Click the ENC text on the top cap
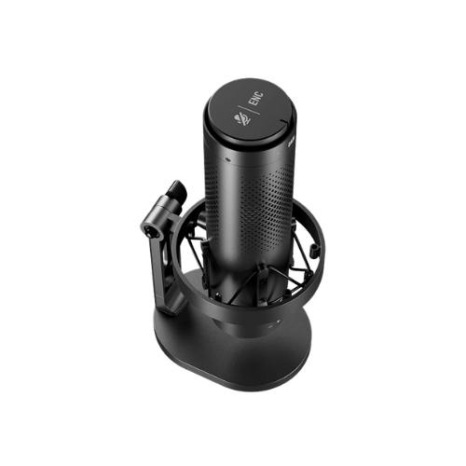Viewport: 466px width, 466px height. coord(257,100)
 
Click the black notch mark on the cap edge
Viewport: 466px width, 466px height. coord(284,120)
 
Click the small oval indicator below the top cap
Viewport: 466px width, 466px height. coord(228,160)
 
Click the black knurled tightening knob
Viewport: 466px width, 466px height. coord(178,188)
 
